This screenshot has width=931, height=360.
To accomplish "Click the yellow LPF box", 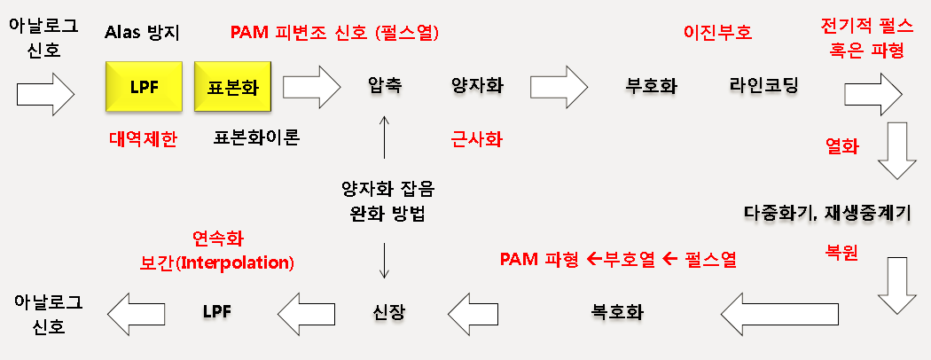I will click(x=143, y=86).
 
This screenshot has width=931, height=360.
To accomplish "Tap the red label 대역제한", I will click(x=144, y=138).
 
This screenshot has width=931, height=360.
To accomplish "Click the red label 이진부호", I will click(x=717, y=33).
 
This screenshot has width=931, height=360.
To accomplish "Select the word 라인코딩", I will click(x=763, y=86).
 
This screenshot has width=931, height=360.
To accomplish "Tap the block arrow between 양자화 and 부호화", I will click(x=559, y=86).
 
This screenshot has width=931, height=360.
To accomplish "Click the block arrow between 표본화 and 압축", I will click(x=311, y=86).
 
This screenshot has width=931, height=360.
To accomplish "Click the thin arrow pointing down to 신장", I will click(x=384, y=260).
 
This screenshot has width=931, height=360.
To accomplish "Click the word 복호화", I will click(x=617, y=312).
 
